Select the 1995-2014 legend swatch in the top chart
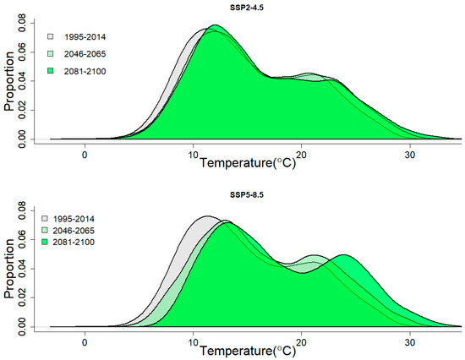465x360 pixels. [52, 37]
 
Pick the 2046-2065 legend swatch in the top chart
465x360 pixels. [52, 53]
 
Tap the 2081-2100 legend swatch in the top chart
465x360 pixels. [52, 69]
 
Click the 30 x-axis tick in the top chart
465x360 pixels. [410, 155]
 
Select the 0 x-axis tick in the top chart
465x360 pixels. [85, 155]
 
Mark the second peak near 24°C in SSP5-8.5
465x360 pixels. [343, 254]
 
